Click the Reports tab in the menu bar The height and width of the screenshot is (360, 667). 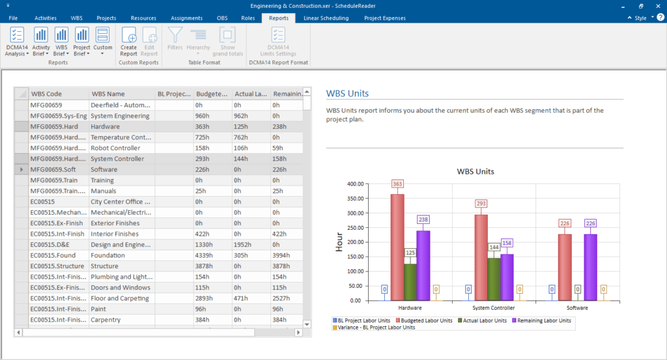[x=279, y=18]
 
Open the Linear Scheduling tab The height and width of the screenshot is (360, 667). [x=326, y=18]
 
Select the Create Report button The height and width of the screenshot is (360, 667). [x=129, y=42]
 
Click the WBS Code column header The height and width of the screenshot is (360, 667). [x=46, y=94]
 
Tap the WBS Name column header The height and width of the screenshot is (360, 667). [x=108, y=94]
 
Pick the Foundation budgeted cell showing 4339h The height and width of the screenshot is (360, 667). [x=212, y=255]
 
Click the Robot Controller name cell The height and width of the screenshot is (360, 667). [x=121, y=148]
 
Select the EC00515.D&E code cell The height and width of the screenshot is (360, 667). [x=58, y=244]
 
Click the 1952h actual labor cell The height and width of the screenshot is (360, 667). [x=251, y=244]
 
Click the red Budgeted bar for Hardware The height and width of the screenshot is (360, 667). [x=397, y=247]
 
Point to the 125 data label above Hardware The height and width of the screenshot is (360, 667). [x=410, y=252]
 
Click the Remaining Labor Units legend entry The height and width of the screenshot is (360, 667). [x=545, y=320]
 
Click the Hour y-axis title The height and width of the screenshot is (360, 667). [x=339, y=242]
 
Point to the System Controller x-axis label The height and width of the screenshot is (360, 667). [x=494, y=307]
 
